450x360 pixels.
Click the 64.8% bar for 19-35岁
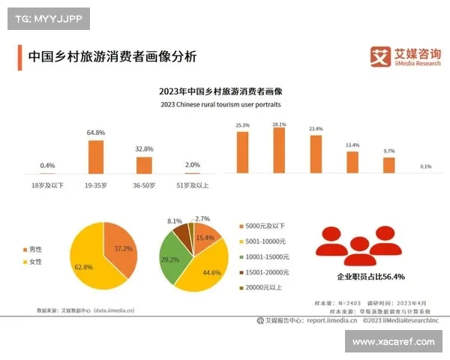(x=96, y=157)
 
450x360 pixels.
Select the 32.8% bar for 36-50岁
(x=144, y=165)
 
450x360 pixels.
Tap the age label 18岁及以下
(x=48, y=184)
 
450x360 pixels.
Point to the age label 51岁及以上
(x=192, y=184)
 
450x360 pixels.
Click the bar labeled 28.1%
(x=279, y=151)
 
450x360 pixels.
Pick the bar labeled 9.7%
(x=388, y=165)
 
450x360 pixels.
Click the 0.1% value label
(x=425, y=166)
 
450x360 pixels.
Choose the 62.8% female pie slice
(x=86, y=262)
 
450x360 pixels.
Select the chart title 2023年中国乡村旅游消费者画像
(x=225, y=91)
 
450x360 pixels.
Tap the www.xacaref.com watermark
(x=393, y=341)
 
